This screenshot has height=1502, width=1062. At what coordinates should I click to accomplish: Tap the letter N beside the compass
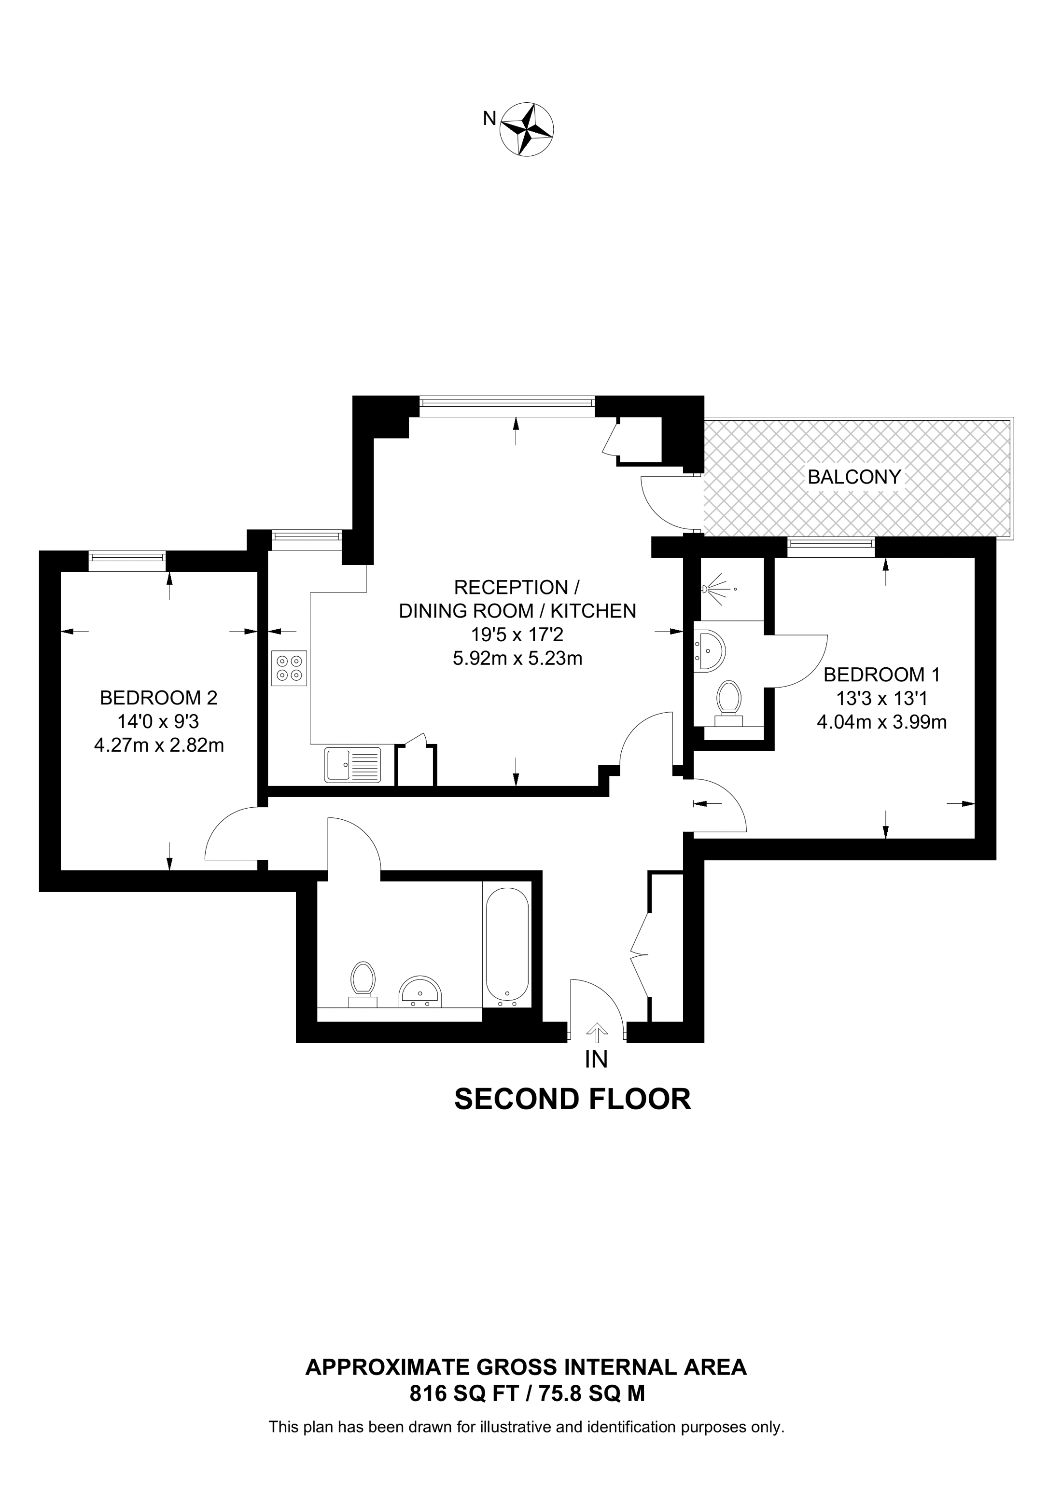(489, 118)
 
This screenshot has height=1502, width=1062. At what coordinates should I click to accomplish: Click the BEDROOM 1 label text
(881, 675)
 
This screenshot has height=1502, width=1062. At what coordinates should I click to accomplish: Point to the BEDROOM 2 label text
(158, 698)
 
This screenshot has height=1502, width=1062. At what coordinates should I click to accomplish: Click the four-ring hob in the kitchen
(289, 668)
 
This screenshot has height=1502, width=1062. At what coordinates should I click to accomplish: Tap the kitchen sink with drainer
(352, 765)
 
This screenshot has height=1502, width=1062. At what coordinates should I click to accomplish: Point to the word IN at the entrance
(596, 1059)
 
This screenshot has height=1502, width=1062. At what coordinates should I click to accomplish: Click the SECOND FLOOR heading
(573, 1100)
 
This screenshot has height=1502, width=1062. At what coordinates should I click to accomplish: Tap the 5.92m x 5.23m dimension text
(517, 658)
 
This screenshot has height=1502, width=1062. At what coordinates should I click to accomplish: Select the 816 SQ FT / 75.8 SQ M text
(527, 1394)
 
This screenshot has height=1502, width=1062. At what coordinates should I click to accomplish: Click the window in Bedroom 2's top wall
(127, 557)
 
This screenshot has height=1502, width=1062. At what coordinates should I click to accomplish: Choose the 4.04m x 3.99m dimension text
(881, 722)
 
